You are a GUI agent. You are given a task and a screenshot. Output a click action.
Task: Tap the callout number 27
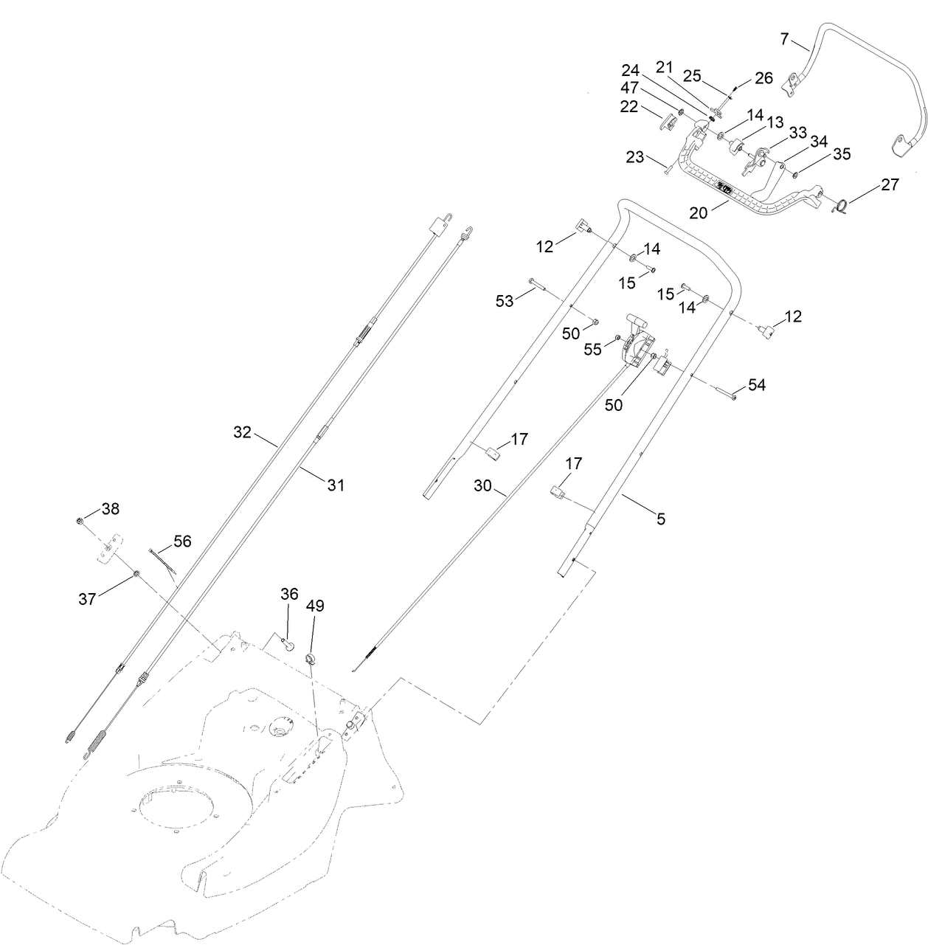point(890,184)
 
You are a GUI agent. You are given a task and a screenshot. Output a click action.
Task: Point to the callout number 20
point(698,212)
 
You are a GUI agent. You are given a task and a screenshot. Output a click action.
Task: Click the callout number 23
point(634,156)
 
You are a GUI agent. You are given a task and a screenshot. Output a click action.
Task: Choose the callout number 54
point(757,384)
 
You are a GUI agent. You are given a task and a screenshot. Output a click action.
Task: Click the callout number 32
point(243,432)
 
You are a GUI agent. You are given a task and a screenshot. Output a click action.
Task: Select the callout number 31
point(336,485)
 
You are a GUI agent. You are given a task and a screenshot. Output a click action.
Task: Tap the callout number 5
point(661,519)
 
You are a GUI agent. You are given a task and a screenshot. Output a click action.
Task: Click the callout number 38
point(110,508)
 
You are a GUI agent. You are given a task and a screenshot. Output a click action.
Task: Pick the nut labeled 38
point(80,522)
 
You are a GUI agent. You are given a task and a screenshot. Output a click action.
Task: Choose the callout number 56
point(181,541)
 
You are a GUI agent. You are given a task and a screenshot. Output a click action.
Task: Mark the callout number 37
point(87,599)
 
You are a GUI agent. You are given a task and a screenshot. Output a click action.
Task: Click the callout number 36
point(289,593)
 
